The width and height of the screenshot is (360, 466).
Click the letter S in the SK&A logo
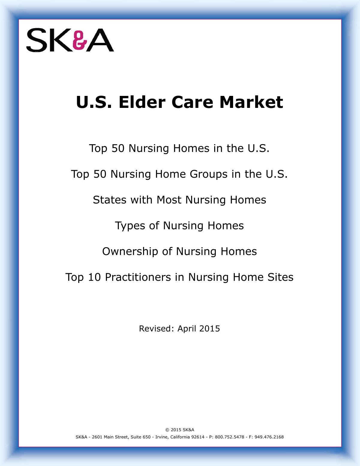[x=37, y=40]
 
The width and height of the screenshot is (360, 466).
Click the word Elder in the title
[x=142, y=102]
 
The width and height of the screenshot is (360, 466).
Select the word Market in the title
[x=251, y=102]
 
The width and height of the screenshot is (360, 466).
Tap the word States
[x=110, y=200]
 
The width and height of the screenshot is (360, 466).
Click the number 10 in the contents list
[x=94, y=277]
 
